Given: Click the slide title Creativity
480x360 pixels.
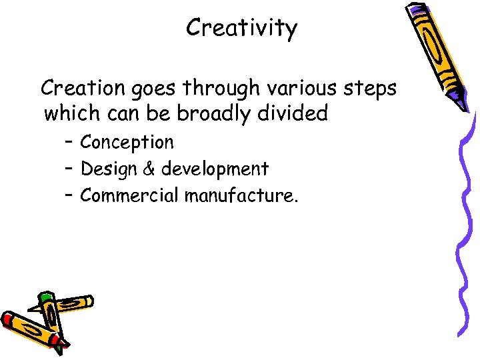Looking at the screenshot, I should coord(241,28).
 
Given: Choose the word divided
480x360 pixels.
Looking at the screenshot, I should coord(295,113).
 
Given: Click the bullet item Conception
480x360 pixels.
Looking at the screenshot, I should coord(127,143).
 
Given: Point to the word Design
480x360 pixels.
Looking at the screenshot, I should coord(107,169).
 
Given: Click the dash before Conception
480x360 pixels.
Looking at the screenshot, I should coord(69,142).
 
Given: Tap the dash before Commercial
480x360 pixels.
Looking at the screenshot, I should coord(69,195).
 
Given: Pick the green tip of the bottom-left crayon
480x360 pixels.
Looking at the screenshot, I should coord(45,297).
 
